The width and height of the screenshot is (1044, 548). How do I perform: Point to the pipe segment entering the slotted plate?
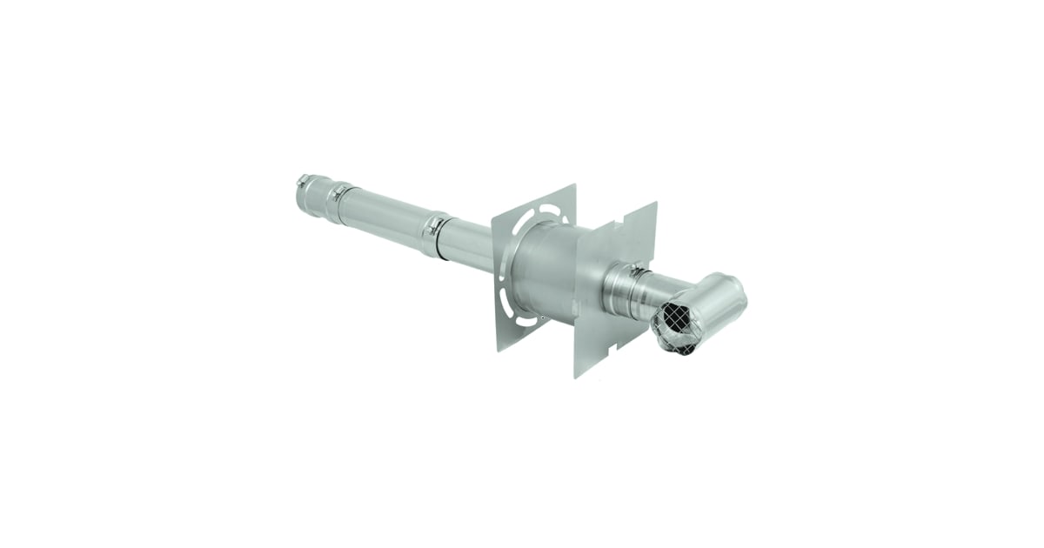point(470,247)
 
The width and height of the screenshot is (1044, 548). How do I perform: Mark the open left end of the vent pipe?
point(299,196)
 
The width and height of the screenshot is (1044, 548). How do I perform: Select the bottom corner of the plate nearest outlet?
point(576,377)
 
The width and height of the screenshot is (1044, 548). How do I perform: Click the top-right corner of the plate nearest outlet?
point(655,204)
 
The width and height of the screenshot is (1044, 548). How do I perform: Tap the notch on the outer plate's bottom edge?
point(617,346)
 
